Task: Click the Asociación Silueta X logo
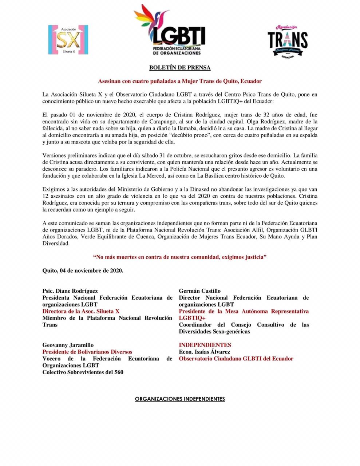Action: pyautogui.click(x=68, y=40)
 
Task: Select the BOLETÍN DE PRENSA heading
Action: pyautogui.click(x=180, y=68)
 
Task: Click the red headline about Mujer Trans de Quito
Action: pyautogui.click(x=180, y=81)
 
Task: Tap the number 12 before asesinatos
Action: pyautogui.click(x=46, y=196)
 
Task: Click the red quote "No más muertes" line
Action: pyautogui.click(x=180, y=257)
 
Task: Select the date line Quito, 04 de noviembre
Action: pyautogui.click(x=83, y=270)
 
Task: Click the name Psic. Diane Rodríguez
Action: pyautogui.click(x=70, y=291)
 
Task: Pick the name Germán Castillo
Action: pyautogui.click(x=199, y=291)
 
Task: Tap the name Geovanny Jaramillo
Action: pyautogui.click(x=68, y=345)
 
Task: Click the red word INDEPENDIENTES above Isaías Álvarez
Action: pyautogui.click(x=205, y=345)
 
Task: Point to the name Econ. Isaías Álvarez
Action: pyautogui.click(x=204, y=352)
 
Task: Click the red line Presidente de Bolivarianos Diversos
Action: pyautogui.click(x=87, y=352)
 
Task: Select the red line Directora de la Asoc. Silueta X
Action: pyautogui.click(x=80, y=311)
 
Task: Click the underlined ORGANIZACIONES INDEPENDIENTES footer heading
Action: pyautogui.click(x=180, y=399)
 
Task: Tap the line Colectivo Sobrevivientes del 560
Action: pyautogui.click(x=83, y=372)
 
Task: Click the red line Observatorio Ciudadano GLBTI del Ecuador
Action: pyautogui.click(x=236, y=359)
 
